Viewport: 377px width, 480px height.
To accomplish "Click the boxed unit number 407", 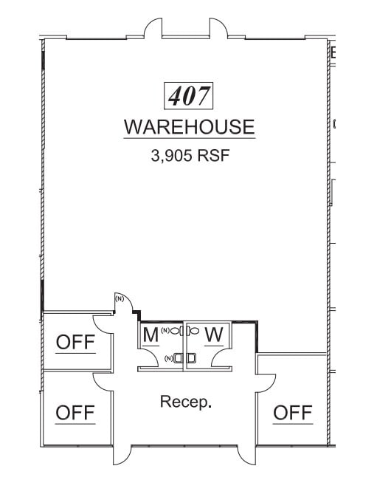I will pos(188,95).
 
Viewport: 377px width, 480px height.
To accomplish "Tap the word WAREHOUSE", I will pos(189,127).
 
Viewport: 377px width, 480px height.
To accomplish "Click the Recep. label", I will pos(186,402).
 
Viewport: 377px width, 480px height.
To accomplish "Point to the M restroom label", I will pos(151,335).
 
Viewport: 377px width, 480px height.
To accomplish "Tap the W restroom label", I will pos(214,335).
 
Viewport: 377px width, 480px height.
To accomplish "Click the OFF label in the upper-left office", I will pos(75,343).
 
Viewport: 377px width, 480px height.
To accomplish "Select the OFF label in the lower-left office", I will pos(75,413).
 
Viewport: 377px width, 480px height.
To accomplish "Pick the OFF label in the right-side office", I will pos(293,413).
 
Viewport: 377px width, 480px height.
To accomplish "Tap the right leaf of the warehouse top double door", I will pos(218,28).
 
